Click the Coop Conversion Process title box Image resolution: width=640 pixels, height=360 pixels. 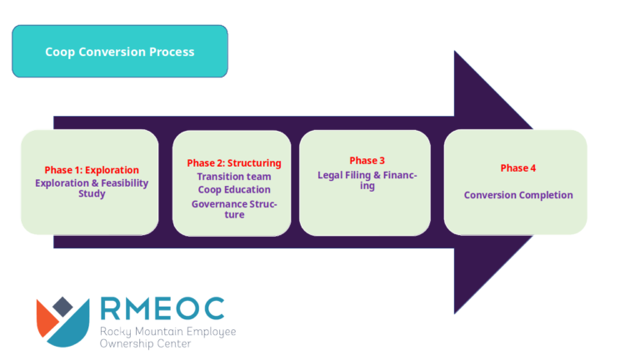point(120,52)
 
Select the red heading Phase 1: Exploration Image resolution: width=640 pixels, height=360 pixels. point(92,170)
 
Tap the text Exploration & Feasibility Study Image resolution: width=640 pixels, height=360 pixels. point(92,188)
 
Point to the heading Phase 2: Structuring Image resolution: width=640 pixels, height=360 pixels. point(234,163)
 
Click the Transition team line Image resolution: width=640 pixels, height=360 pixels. point(234,177)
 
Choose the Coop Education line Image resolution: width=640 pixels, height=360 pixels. point(234,190)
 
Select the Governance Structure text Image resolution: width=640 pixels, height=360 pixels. point(234,209)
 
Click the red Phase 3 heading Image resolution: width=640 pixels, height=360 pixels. point(367,161)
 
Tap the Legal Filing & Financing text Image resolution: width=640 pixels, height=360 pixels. point(367,180)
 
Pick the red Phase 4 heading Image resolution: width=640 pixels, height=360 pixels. point(518,168)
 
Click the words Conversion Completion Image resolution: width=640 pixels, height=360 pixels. point(518,195)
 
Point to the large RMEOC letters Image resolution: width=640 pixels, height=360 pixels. point(162,308)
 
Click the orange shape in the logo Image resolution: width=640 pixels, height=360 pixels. point(46,317)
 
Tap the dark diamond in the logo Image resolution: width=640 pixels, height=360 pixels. point(62,306)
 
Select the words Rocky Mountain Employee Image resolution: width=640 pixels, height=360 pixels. point(167,332)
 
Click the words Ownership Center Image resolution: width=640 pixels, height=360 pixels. point(145,343)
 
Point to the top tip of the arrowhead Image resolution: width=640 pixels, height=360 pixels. point(455,52)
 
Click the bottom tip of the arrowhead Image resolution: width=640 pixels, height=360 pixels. point(455,313)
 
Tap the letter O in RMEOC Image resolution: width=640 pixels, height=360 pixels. point(187,308)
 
